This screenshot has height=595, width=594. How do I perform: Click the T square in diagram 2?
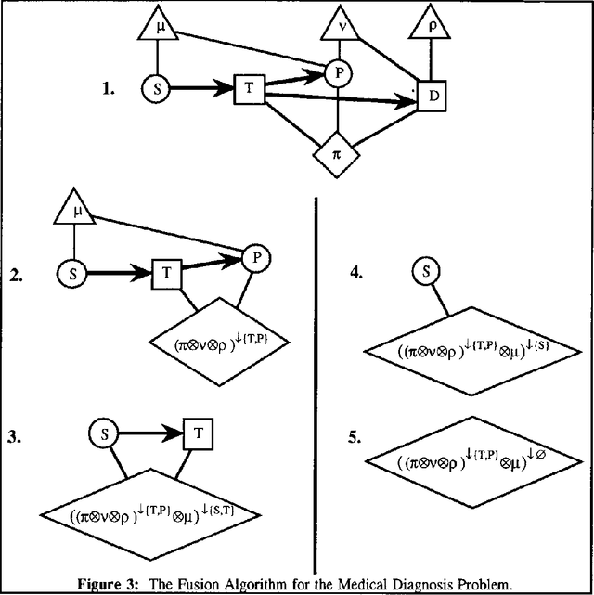(x=164, y=274)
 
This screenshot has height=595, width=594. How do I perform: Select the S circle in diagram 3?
(x=107, y=432)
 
